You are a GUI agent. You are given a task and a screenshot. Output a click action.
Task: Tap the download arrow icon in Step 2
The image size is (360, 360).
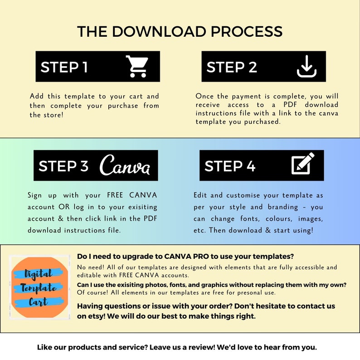click(x=306, y=67)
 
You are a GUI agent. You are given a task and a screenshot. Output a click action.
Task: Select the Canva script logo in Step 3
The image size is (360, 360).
click(x=125, y=165)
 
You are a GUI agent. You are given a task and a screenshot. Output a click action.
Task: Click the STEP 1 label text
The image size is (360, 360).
click(x=64, y=67)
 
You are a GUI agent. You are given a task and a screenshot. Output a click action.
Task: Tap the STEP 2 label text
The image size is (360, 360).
click(x=232, y=67)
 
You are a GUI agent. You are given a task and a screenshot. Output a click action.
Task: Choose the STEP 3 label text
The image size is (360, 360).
click(x=63, y=166)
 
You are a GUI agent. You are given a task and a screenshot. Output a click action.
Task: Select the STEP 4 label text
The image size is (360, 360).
click(x=230, y=166)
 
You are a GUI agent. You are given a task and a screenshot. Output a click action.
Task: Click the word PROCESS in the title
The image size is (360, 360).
click(x=245, y=32)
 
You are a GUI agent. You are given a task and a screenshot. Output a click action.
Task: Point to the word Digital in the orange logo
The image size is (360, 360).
click(x=39, y=273)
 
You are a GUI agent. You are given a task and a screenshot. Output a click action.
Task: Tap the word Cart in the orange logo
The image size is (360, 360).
click(x=39, y=302)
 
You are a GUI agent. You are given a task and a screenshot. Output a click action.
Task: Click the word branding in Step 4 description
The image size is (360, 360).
click(x=281, y=207)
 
